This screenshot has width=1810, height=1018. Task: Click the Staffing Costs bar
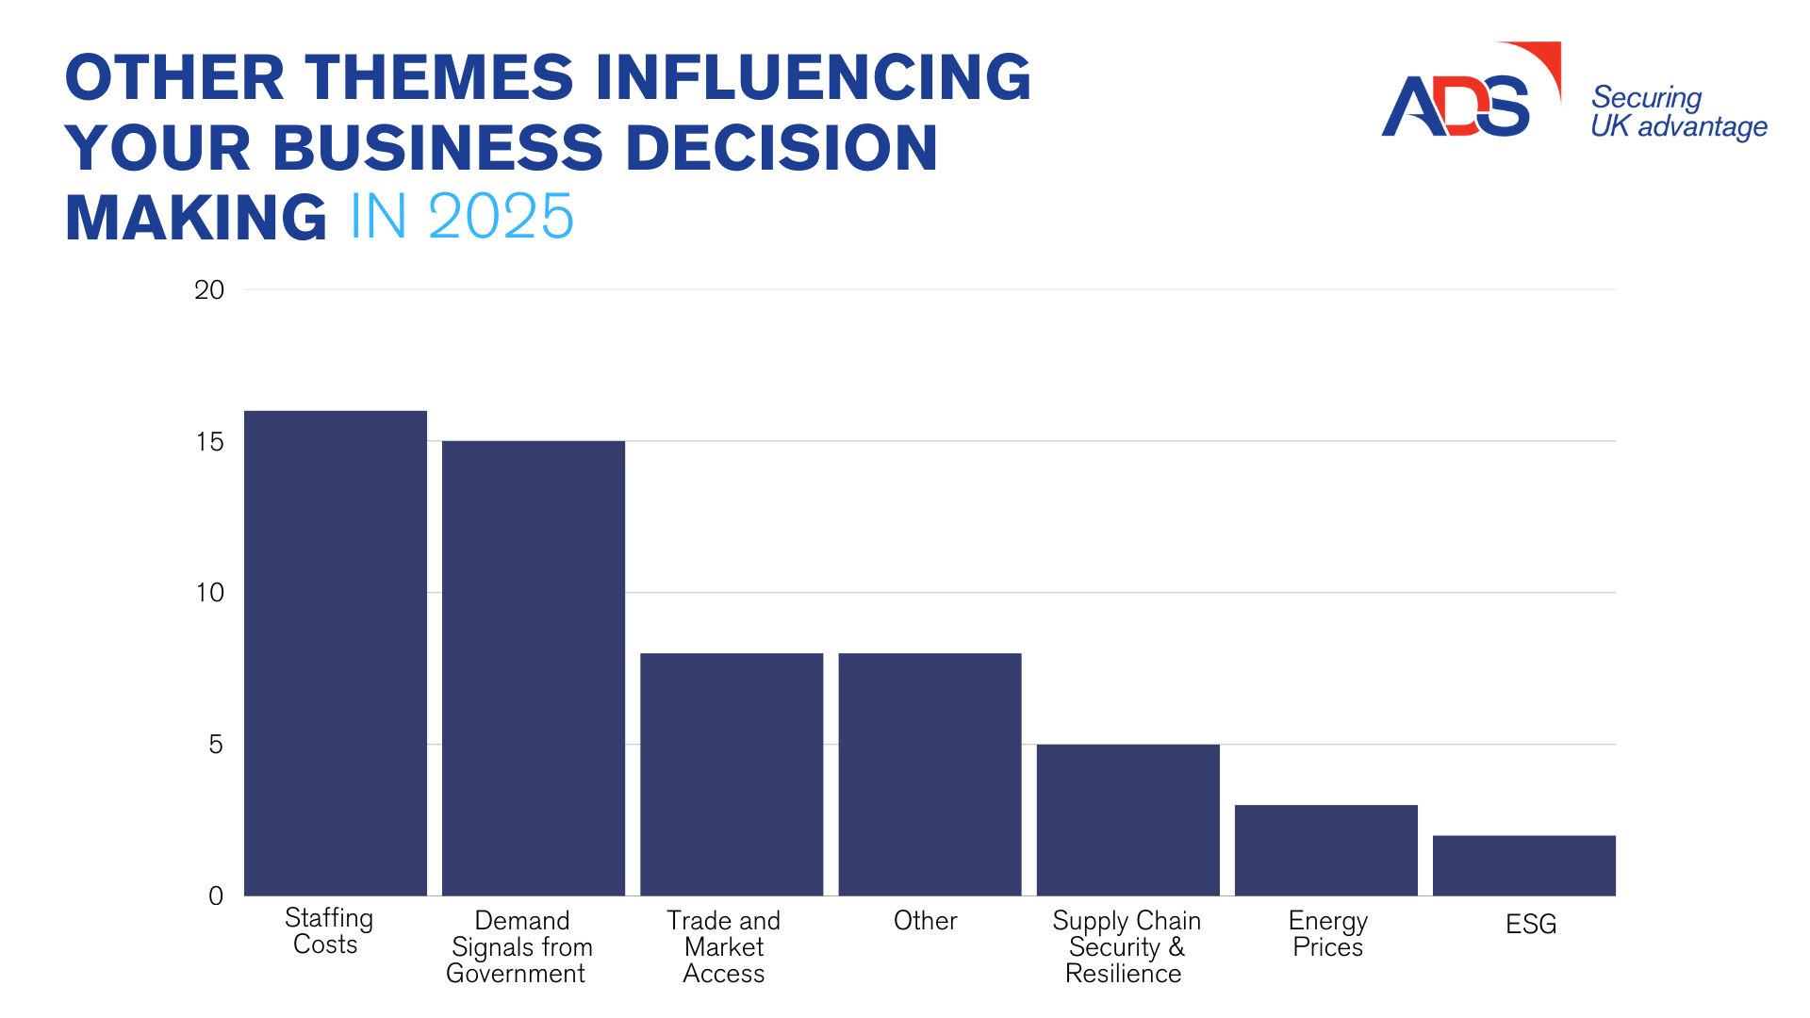[x=336, y=652]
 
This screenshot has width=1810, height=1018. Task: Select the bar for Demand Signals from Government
[x=534, y=667]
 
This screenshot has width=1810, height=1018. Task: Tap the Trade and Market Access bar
[x=732, y=774]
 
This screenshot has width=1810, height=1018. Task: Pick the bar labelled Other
[x=930, y=774]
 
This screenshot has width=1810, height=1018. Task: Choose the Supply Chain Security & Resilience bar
[x=1127, y=819]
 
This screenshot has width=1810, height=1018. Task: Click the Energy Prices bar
[x=1325, y=849]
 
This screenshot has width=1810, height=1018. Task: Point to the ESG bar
[x=1523, y=864]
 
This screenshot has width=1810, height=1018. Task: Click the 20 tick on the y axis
[x=209, y=290]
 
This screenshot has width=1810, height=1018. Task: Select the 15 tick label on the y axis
[x=209, y=442]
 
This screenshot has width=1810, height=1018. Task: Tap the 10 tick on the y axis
[x=209, y=593]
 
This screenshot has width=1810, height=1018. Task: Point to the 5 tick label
[x=216, y=745]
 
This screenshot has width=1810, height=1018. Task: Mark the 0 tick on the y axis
[x=216, y=896]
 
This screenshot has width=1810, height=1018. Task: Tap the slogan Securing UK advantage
[x=1678, y=111]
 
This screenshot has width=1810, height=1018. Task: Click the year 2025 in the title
[x=501, y=217]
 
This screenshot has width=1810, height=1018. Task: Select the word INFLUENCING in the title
[x=814, y=77]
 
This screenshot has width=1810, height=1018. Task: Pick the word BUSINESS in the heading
[x=437, y=148]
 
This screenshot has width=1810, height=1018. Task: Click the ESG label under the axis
[x=1531, y=924]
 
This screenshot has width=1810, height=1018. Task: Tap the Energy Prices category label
[x=1327, y=933]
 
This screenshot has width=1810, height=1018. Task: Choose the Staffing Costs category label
[x=328, y=931]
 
